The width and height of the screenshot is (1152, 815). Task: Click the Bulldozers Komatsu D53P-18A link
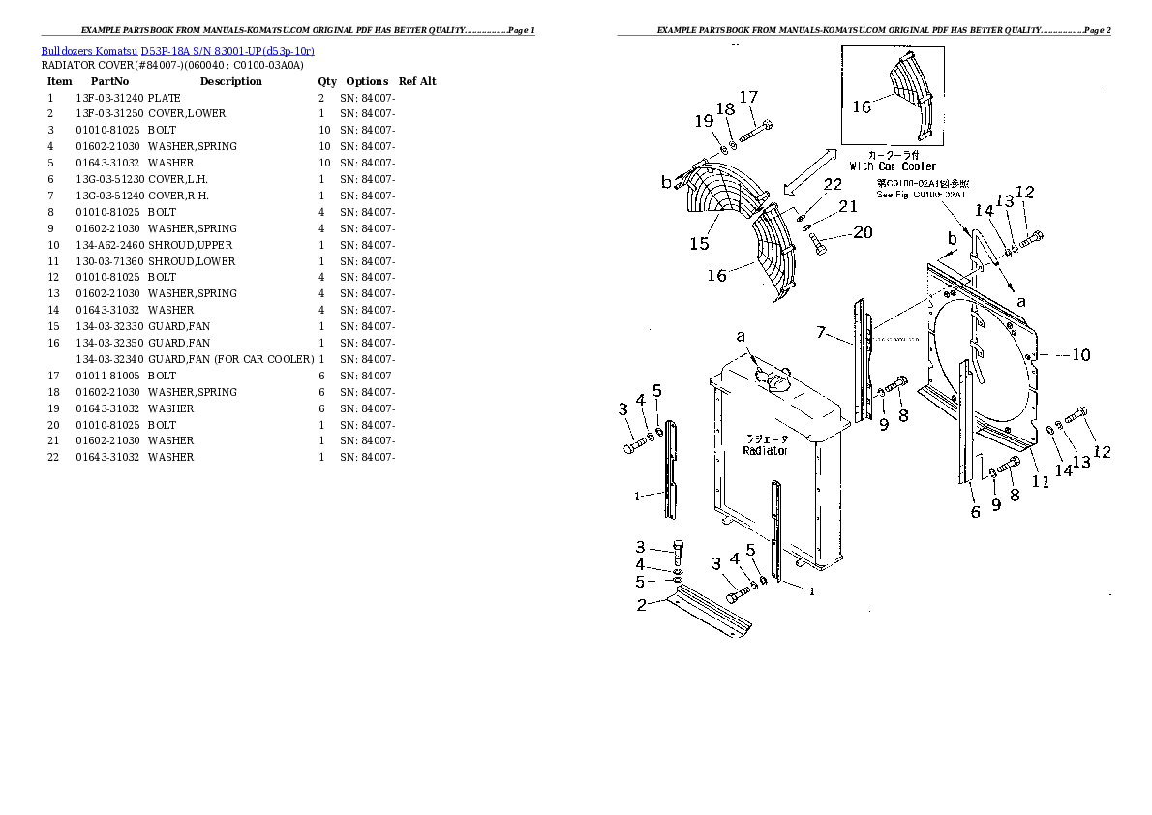pyautogui.click(x=177, y=50)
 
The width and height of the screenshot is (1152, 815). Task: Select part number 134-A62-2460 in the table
pyautogui.click(x=108, y=245)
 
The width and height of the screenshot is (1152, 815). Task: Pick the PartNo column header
pyautogui.click(x=109, y=81)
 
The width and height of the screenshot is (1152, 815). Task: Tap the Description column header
pyautogui.click(x=231, y=81)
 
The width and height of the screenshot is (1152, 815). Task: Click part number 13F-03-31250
pyautogui.click(x=108, y=113)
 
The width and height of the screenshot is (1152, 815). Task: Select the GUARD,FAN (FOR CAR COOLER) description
pyautogui.click(x=230, y=359)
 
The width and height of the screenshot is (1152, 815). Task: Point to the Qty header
pyautogui.click(x=327, y=81)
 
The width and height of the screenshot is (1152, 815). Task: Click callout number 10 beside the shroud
pyautogui.click(x=1079, y=355)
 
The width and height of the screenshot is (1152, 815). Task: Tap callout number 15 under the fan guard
pyautogui.click(x=699, y=244)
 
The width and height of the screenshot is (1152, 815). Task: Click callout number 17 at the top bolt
pyautogui.click(x=748, y=97)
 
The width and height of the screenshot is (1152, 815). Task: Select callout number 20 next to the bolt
pyautogui.click(x=862, y=232)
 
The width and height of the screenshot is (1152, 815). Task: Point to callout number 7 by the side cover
pyautogui.click(x=821, y=333)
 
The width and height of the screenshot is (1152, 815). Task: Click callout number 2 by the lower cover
pyautogui.click(x=641, y=606)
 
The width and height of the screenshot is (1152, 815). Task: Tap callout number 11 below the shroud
pyautogui.click(x=1041, y=479)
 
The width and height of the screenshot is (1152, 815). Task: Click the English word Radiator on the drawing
pyautogui.click(x=765, y=450)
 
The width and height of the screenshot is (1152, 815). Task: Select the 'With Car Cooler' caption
pyautogui.click(x=893, y=166)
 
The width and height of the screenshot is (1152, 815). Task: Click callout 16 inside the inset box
pyautogui.click(x=862, y=106)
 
